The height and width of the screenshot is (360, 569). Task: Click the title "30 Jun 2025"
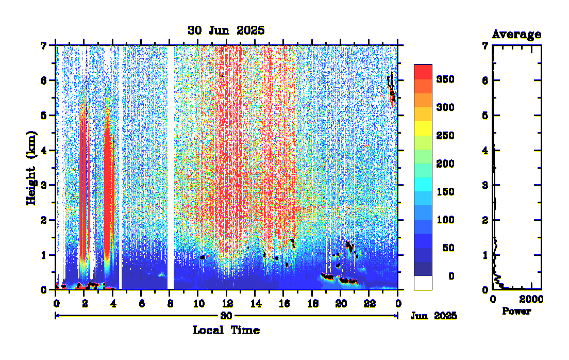coord(226,30)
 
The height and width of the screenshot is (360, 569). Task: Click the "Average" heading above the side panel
coord(516,35)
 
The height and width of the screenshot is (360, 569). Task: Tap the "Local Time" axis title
coord(226,330)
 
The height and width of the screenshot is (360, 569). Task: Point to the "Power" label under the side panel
coord(516,312)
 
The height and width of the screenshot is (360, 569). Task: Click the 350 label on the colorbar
coord(445,79)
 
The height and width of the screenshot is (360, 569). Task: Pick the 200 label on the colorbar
coord(445,164)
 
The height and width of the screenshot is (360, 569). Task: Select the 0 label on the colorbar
coord(451,276)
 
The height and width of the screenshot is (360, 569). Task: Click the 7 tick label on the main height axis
coord(44,46)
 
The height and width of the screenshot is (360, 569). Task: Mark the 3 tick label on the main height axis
coord(44,185)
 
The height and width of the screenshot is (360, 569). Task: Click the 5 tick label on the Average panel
coord(484,116)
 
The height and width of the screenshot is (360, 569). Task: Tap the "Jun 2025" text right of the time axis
coord(433,316)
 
